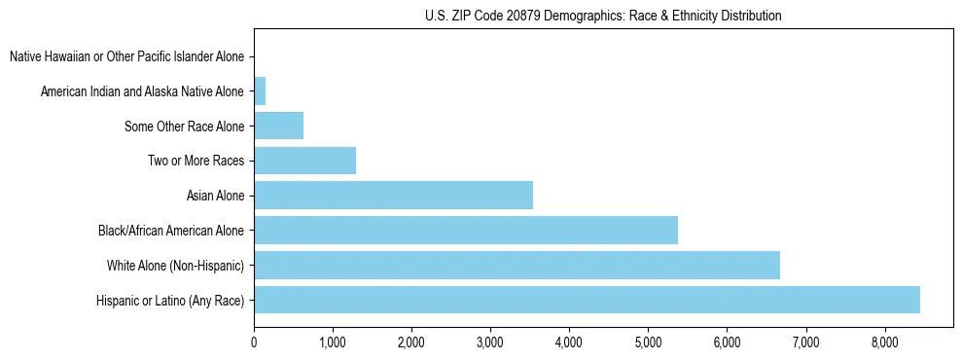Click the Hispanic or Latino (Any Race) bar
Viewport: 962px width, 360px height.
(x=587, y=300)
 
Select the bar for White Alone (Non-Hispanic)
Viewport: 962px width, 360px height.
(x=517, y=265)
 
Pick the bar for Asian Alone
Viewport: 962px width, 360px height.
(x=393, y=196)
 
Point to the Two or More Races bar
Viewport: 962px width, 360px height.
(x=304, y=161)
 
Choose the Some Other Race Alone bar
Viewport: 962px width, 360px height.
(x=278, y=126)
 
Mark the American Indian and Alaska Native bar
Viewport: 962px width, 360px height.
(x=260, y=91)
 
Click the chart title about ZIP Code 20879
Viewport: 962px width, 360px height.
(x=603, y=17)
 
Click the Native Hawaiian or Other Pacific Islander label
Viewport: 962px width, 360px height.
(x=126, y=57)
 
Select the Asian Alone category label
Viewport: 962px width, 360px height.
(x=215, y=197)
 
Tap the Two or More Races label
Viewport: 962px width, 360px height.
(x=196, y=162)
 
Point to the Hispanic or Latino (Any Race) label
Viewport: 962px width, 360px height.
(x=170, y=301)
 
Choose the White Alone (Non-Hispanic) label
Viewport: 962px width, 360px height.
(x=175, y=266)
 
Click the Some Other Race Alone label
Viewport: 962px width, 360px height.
(x=185, y=126)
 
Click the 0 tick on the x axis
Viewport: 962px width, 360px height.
(x=254, y=342)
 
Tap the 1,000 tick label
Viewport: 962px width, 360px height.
(x=333, y=342)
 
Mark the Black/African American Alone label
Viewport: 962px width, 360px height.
(x=171, y=232)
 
